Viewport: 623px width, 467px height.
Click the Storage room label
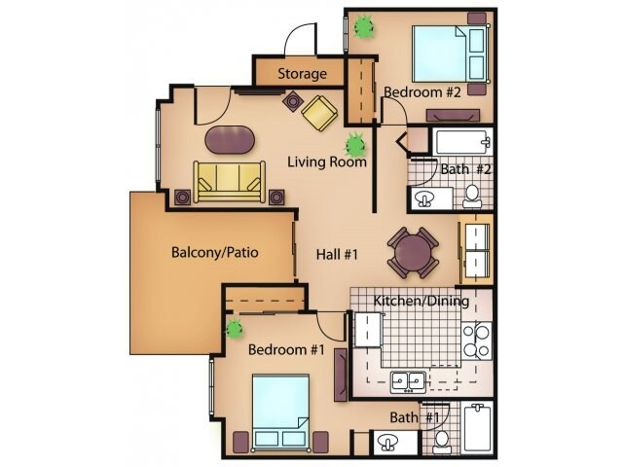click(x=301, y=74)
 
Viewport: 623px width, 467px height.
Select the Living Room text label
click(x=326, y=162)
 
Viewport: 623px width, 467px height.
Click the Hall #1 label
click(x=338, y=255)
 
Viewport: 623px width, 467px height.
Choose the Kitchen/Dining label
click(x=421, y=302)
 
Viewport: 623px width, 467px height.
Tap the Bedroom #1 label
click(x=285, y=349)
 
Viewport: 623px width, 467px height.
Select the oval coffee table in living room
click(x=232, y=140)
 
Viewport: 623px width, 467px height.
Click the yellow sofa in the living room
click(x=231, y=181)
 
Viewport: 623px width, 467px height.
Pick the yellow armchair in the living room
click(x=319, y=114)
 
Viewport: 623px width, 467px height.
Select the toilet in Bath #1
click(x=441, y=441)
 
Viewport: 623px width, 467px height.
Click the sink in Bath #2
click(x=425, y=198)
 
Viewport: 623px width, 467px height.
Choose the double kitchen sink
click(x=407, y=379)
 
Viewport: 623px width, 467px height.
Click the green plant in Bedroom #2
click(x=365, y=26)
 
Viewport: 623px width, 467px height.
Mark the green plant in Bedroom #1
click(x=235, y=328)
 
